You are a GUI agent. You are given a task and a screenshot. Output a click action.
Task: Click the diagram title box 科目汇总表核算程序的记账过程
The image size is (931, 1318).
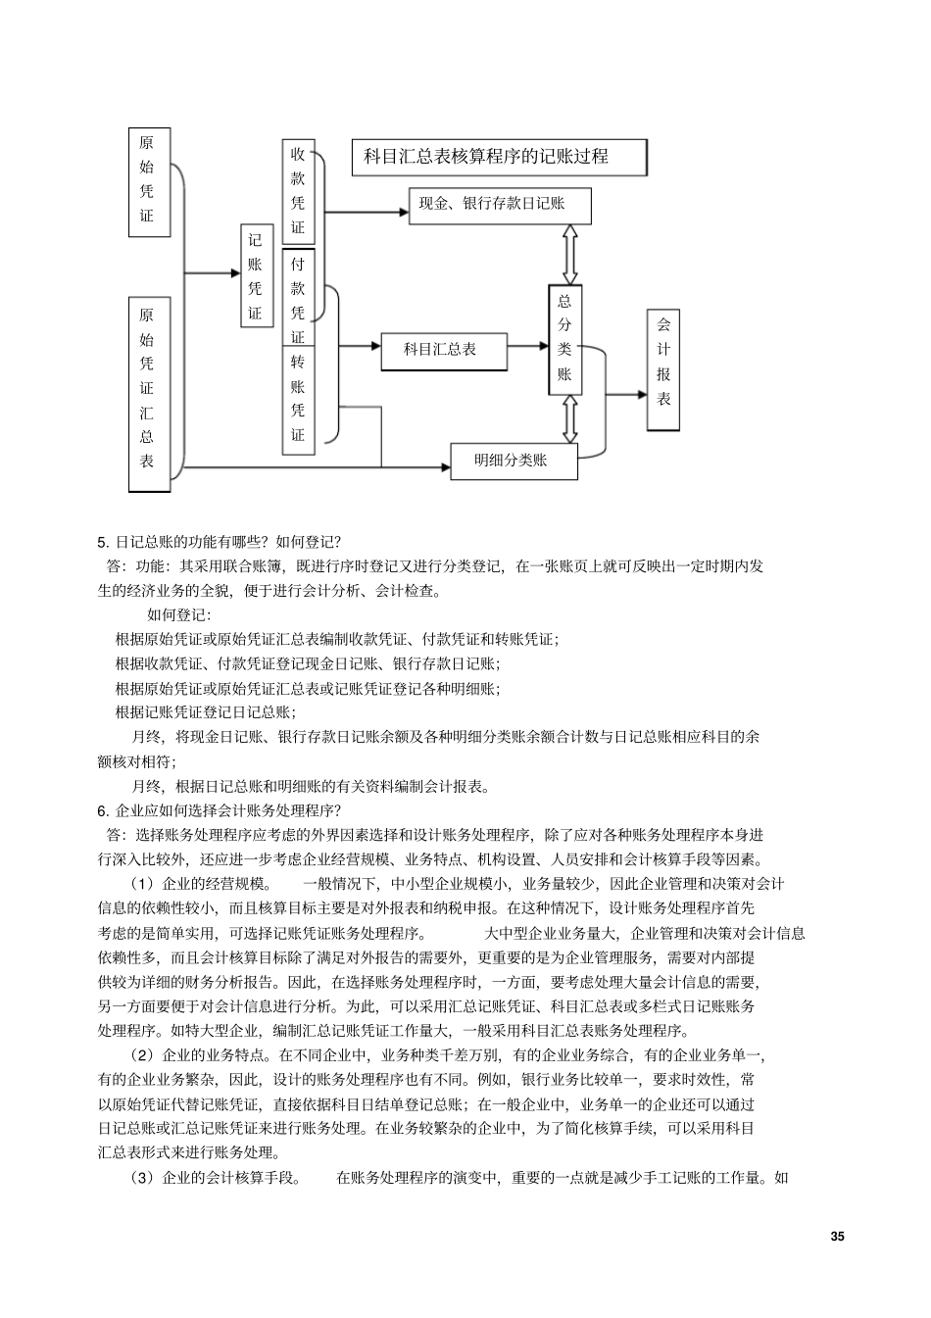[x=499, y=157]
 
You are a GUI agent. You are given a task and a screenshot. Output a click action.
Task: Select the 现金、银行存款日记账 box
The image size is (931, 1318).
[x=500, y=205]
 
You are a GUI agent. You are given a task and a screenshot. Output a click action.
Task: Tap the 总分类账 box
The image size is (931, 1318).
[x=564, y=340]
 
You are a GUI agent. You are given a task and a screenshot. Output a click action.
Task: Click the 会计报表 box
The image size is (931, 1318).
[x=663, y=370]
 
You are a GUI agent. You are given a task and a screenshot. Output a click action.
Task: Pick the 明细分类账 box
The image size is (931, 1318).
[x=514, y=461]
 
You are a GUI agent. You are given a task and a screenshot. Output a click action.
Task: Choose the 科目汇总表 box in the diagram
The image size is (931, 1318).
[x=444, y=350]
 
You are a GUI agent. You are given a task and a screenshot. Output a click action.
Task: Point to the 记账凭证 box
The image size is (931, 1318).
[x=256, y=275]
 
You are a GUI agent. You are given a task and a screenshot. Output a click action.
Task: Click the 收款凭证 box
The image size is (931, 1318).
[x=298, y=192]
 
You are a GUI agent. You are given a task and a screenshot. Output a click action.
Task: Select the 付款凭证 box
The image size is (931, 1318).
[x=298, y=299]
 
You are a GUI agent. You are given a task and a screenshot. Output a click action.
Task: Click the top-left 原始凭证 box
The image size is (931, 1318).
[x=148, y=182]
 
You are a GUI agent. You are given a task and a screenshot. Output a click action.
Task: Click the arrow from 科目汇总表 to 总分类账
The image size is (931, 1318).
[x=527, y=346]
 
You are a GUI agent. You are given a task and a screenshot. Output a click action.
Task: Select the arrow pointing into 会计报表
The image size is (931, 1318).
[x=625, y=395]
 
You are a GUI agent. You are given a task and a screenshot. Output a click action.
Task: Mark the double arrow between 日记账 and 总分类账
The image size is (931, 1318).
[x=569, y=255]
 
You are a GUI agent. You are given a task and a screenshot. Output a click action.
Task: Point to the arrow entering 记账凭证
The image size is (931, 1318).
[x=213, y=274]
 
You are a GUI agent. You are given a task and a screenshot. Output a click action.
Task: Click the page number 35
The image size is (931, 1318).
[x=836, y=1236]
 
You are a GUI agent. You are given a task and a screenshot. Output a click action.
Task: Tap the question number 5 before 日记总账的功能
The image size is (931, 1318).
[x=103, y=542]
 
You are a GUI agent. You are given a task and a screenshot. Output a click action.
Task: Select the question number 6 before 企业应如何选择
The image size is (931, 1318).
[x=103, y=810]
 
